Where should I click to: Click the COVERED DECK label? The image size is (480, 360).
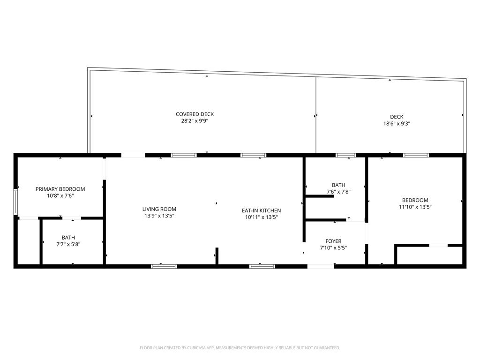(x=195, y=114)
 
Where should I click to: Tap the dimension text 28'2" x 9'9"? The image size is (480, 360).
(x=195, y=121)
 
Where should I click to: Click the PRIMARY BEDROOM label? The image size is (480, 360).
(x=60, y=189)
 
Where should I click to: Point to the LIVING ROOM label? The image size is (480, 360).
(x=159, y=210)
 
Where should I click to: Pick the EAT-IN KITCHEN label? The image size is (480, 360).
(x=261, y=211)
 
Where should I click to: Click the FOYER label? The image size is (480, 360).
(x=333, y=241)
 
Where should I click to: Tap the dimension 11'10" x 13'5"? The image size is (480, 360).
(x=415, y=207)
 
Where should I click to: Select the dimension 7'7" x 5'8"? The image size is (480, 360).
(x=68, y=244)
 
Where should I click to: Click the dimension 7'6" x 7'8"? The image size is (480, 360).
(x=338, y=192)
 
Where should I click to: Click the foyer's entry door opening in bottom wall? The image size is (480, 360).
(x=321, y=266)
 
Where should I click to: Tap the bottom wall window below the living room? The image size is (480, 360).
(x=164, y=266)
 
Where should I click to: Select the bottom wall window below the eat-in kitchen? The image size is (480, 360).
(x=262, y=266)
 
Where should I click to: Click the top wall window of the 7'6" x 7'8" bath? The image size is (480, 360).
(x=346, y=155)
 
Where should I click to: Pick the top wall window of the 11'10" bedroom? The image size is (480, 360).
(x=416, y=155)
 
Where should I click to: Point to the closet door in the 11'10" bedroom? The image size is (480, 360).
(x=438, y=245)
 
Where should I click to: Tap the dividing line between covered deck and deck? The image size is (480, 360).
(x=316, y=115)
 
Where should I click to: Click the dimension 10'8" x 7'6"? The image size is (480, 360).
(x=60, y=196)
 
